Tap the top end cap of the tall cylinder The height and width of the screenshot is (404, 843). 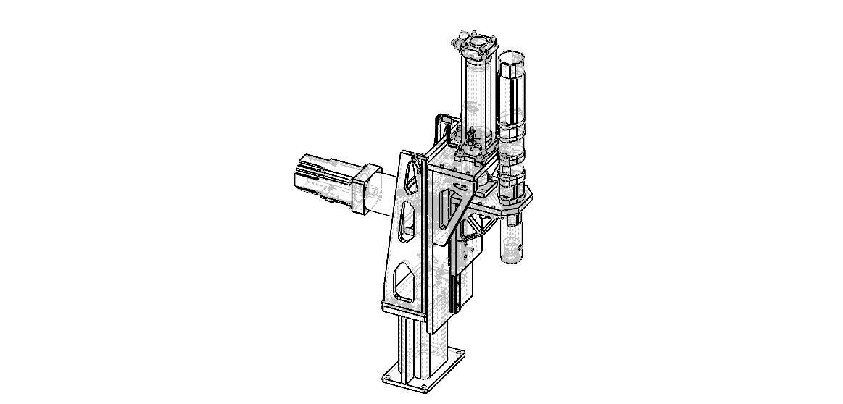click(476, 45)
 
